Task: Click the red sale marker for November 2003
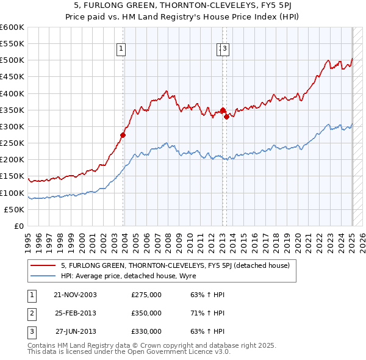click(x=123, y=135)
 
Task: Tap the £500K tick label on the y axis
click(x=13, y=60)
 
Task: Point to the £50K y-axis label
click(x=15, y=209)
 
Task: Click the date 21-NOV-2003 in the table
click(x=76, y=295)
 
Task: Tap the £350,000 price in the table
click(x=146, y=313)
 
